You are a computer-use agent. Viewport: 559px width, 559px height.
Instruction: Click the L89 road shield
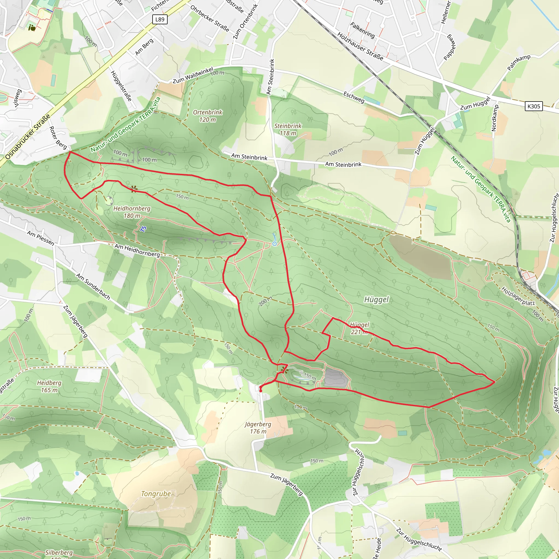pos(160,19)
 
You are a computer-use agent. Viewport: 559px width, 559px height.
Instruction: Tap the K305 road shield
pos(534,106)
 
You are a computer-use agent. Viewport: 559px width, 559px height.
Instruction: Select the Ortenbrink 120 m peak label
pos(207,116)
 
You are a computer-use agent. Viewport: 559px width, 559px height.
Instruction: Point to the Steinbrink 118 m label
pos(288,129)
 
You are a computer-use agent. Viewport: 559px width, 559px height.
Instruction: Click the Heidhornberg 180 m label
pos(132,212)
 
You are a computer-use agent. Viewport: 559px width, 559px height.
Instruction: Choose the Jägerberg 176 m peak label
pos(258,428)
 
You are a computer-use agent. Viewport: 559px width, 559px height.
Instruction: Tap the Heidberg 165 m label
pos(49,386)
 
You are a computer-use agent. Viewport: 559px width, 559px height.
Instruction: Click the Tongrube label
pos(156,493)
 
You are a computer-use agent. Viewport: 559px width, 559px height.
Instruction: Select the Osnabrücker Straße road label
pos(28,137)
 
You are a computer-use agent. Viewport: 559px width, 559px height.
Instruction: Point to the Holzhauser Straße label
pos(360,46)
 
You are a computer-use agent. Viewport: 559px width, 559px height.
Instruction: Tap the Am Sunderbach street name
pos(93,286)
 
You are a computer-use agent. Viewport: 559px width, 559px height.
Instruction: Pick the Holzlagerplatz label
pos(518,296)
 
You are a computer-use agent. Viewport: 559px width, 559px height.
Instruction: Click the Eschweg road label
pos(354,97)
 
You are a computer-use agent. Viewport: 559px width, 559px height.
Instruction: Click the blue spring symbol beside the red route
pos(275,244)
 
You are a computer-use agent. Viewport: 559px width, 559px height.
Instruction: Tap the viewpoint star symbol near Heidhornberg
pos(134,189)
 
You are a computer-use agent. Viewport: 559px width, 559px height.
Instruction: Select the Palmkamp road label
pos(519,63)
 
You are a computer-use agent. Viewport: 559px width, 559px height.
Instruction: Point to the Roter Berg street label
pos(58,138)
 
